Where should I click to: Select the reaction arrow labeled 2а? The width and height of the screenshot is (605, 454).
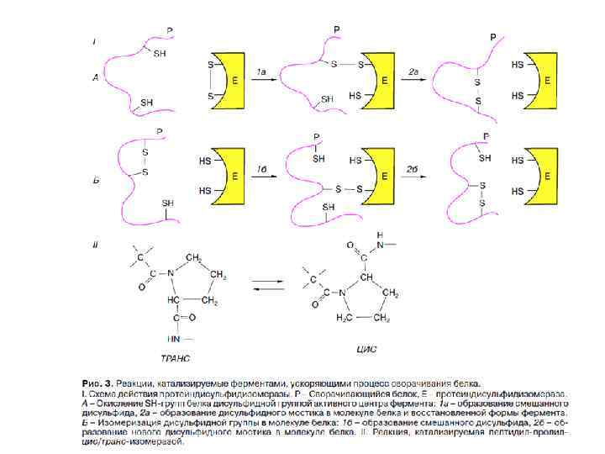[413, 81]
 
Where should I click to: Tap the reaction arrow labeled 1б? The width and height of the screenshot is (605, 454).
[262, 177]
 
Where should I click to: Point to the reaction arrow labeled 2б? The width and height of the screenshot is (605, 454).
[413, 177]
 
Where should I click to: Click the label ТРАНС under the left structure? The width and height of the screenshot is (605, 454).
[176, 356]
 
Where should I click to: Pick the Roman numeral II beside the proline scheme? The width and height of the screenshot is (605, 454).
[96, 245]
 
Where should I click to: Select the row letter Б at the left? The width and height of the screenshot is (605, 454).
[96, 177]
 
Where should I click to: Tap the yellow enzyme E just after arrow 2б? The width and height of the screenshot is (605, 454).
[544, 177]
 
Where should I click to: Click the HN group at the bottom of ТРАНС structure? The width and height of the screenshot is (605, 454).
[175, 339]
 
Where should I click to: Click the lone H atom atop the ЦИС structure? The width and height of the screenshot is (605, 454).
[380, 235]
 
